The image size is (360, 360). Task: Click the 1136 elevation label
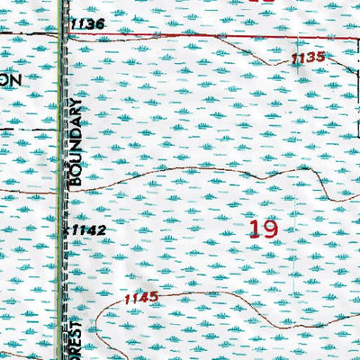point(90,23)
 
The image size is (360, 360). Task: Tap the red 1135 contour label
point(308,58)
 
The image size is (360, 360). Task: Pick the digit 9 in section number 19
point(269,228)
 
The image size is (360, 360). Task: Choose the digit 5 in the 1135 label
point(319,58)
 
